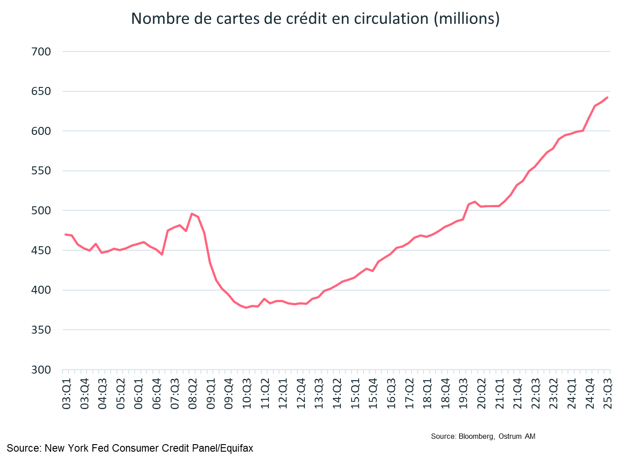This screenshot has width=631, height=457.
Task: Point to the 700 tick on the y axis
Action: [x=41, y=52]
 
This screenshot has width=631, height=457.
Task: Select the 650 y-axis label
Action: [x=41, y=91]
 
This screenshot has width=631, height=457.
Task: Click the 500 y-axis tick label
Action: [x=41, y=211]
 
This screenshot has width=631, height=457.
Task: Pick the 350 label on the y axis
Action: [x=41, y=330]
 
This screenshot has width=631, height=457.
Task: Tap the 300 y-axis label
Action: [x=41, y=370]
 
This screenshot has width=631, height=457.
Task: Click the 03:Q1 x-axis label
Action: [x=67, y=394]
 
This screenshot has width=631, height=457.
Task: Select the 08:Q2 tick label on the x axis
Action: [x=193, y=394]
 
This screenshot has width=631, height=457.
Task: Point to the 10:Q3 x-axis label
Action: [x=247, y=394]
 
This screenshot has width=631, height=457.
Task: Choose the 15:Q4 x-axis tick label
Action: [x=373, y=394]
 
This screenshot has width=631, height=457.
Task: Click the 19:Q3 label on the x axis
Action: [x=463, y=394]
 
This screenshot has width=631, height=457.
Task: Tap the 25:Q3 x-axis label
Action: [x=607, y=394]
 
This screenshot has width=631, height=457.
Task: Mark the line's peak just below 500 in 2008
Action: [x=192, y=214]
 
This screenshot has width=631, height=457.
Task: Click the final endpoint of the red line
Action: [x=607, y=98]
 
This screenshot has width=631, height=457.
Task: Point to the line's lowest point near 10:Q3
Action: [x=246, y=307]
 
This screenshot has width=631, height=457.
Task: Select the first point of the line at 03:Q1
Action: [x=65, y=234]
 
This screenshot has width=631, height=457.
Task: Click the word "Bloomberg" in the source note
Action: [x=476, y=437]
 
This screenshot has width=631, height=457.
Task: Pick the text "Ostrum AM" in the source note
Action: [x=517, y=437]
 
